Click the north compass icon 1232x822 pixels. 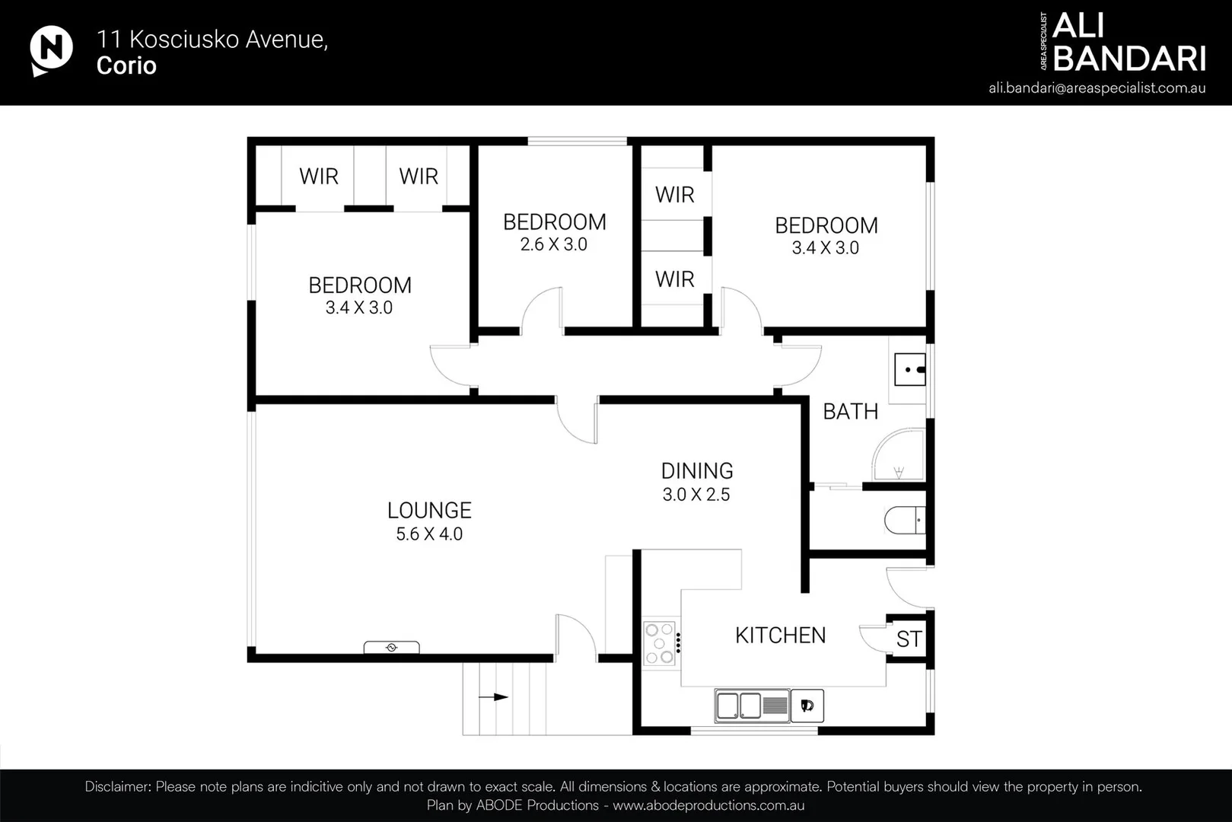[51, 50]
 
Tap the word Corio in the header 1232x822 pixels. [126, 66]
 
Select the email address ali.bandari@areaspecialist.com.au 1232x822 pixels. [1097, 88]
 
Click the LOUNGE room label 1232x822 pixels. [429, 511]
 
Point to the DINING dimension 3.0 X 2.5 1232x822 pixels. [696, 495]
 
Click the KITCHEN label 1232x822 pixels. [780, 636]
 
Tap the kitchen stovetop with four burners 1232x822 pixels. [659, 643]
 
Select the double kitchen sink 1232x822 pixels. [740, 706]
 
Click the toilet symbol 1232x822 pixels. [904, 521]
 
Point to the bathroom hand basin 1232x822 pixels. [910, 370]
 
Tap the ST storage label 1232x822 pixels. [909, 639]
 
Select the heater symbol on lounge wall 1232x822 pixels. [391, 648]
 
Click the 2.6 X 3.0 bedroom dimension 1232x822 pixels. [553, 245]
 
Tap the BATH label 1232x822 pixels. [850, 412]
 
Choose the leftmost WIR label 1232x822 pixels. [318, 177]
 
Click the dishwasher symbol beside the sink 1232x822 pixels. [807, 706]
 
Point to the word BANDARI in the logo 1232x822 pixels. [1129, 59]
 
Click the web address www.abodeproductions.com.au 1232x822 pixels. [708, 805]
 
